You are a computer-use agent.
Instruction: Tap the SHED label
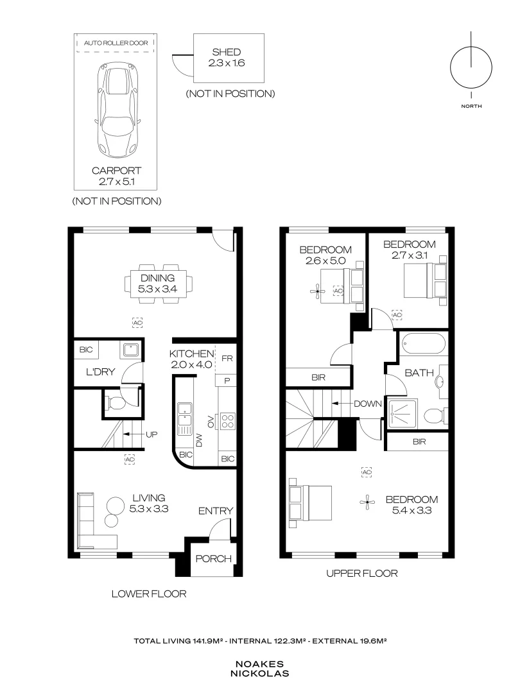click(x=227, y=52)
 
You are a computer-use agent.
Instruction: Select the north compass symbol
click(x=471, y=67)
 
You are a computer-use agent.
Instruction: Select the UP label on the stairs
click(x=152, y=434)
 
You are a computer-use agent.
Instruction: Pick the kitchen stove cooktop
click(x=228, y=421)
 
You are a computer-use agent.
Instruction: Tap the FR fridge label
click(x=227, y=359)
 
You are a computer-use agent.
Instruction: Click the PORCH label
click(x=212, y=559)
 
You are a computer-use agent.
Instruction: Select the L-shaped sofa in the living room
click(x=90, y=519)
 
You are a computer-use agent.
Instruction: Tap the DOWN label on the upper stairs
click(x=368, y=404)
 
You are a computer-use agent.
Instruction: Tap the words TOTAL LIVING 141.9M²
click(x=178, y=640)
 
